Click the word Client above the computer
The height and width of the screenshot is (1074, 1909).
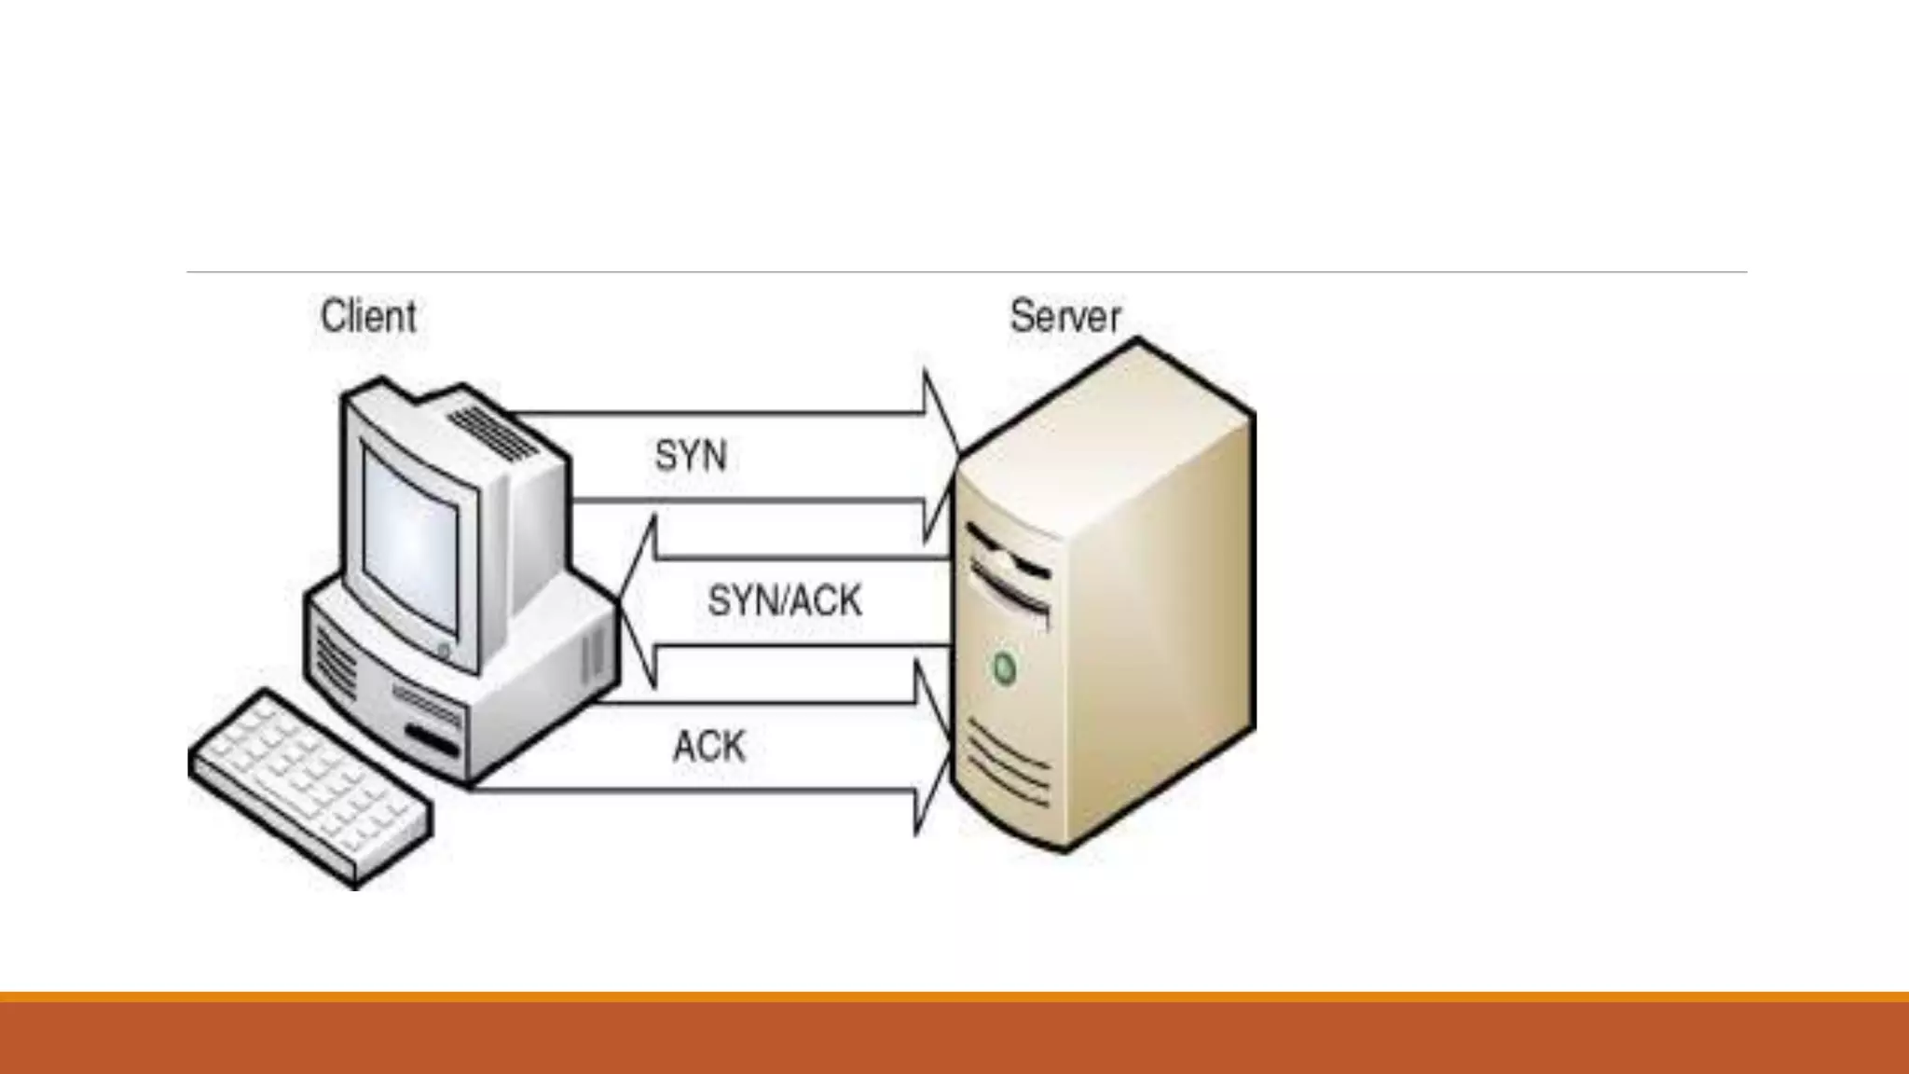(x=368, y=316)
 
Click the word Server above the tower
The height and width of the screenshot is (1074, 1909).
(x=1064, y=316)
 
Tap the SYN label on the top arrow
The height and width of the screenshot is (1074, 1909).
(x=691, y=456)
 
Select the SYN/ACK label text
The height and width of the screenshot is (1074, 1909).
(x=785, y=601)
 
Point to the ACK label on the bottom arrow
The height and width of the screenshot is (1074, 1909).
(x=709, y=747)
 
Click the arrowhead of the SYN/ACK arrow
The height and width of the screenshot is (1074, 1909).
(x=639, y=602)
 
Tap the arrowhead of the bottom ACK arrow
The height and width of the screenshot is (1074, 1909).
(x=932, y=747)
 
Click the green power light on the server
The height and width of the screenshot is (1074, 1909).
(x=1004, y=668)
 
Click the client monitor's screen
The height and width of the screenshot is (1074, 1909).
(x=410, y=541)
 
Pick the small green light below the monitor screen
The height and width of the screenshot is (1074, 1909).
(x=444, y=650)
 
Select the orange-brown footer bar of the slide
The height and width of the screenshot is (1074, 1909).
(x=954, y=1037)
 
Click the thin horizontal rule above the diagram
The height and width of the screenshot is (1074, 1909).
(x=966, y=272)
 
